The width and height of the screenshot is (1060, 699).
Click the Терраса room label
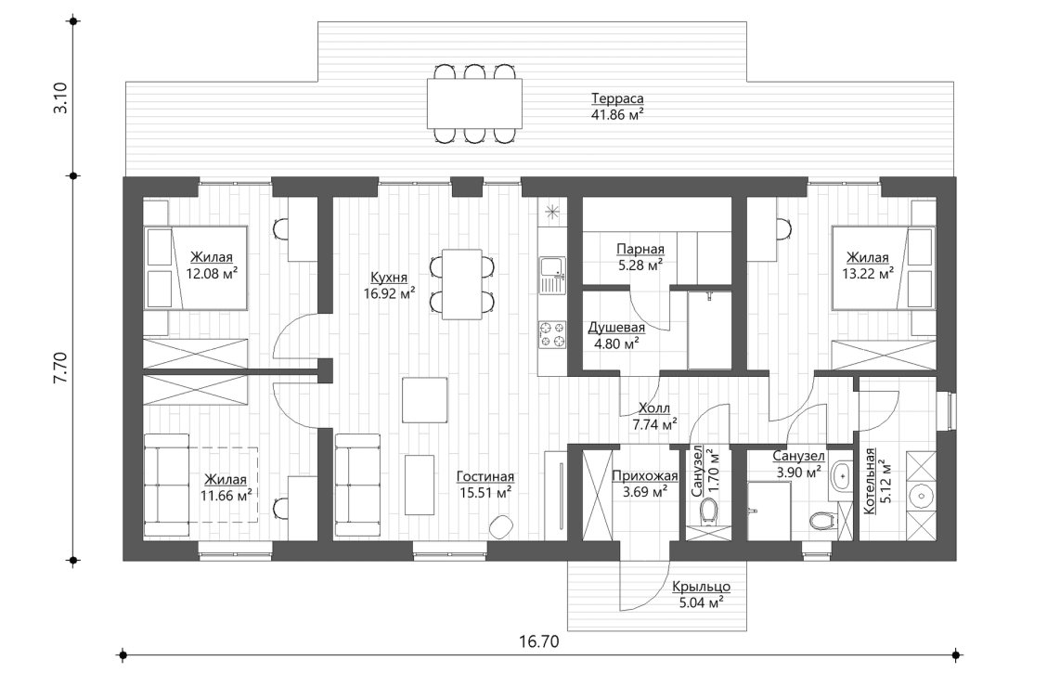coord(617,98)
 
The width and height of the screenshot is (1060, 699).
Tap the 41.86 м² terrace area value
coord(617,115)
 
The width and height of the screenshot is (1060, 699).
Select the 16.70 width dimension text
coord(539,641)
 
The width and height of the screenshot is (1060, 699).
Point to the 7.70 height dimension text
coord(60,368)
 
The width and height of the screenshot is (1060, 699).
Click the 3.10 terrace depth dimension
coord(60,97)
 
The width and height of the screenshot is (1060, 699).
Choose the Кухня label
coord(389,277)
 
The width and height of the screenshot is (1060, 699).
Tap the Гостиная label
coord(485,476)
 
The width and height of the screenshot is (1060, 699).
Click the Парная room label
coord(640,249)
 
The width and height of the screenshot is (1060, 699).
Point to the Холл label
coord(653,408)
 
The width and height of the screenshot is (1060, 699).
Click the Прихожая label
coord(645,476)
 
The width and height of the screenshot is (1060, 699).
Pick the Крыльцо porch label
coord(701,587)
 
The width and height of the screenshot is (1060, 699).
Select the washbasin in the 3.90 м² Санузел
coord(843,477)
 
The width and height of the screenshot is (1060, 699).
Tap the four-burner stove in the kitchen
coord(552,334)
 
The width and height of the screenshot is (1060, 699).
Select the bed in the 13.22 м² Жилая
coord(882,266)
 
